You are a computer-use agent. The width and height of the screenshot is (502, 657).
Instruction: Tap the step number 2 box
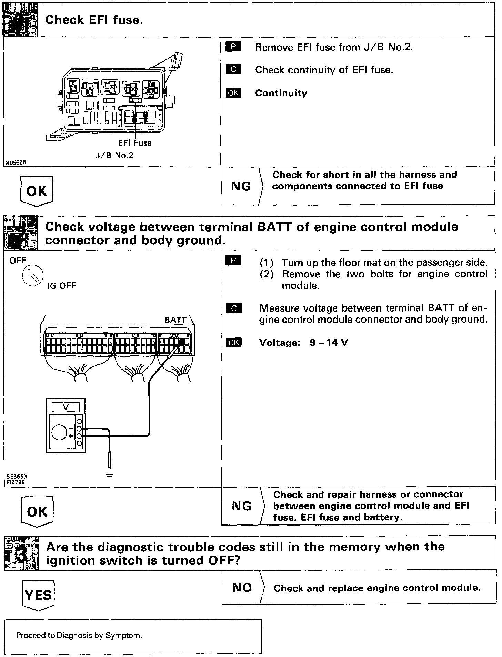pyautogui.click(x=20, y=233)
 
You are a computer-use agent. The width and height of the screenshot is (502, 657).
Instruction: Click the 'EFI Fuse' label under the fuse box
pyautogui.click(x=135, y=143)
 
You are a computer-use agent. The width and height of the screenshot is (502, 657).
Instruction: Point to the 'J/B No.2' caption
pyautogui.click(x=114, y=155)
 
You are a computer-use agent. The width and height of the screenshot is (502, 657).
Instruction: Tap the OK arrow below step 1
pyautogui.click(x=37, y=191)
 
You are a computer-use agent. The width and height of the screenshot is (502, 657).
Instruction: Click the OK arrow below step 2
pyautogui.click(x=37, y=511)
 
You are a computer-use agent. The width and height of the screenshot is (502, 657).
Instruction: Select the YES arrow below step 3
pyautogui.click(x=38, y=595)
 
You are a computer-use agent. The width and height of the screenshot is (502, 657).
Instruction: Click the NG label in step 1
pyautogui.click(x=241, y=186)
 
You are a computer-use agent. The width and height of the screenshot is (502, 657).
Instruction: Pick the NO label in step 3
pyautogui.click(x=242, y=587)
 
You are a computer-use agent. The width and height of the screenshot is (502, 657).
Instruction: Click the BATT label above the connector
pyautogui.click(x=175, y=320)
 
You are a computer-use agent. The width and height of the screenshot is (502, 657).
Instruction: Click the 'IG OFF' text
pyautogui.click(x=61, y=286)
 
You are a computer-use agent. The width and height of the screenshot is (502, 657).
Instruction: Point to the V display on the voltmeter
pyautogui.click(x=66, y=408)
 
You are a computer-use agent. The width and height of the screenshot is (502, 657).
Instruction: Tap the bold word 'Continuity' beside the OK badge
pyautogui.click(x=281, y=93)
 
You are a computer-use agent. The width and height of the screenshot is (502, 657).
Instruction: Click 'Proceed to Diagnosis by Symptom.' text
pyautogui.click(x=79, y=635)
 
